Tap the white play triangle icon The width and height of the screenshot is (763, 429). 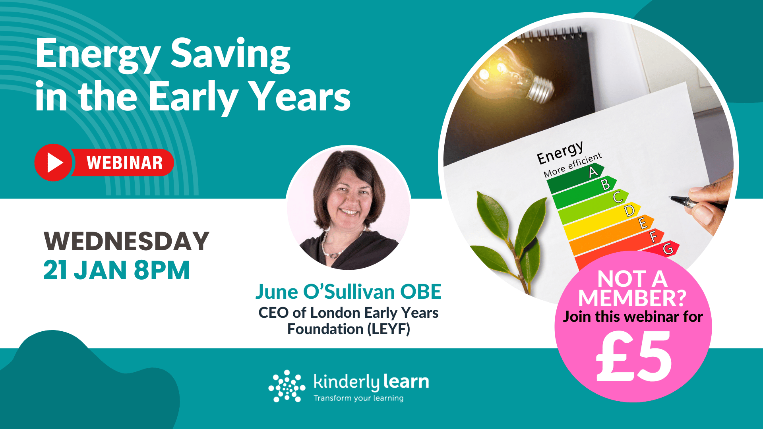click(x=54, y=163)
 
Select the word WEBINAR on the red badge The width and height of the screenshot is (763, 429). click(x=124, y=163)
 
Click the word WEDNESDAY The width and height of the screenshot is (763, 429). click(x=126, y=241)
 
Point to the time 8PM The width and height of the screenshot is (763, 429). click(x=162, y=271)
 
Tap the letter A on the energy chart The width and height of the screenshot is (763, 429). click(x=593, y=172)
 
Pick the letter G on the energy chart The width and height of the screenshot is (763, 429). click(x=668, y=249)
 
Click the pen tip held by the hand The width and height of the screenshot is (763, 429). click(x=671, y=197)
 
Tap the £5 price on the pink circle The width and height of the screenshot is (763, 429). click(x=634, y=356)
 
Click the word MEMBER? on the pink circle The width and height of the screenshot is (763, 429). click(x=632, y=298)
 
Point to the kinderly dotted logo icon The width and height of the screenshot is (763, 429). click(x=287, y=386)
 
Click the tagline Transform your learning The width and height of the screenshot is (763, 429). click(x=358, y=398)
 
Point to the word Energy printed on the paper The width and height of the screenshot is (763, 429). click(x=560, y=153)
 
